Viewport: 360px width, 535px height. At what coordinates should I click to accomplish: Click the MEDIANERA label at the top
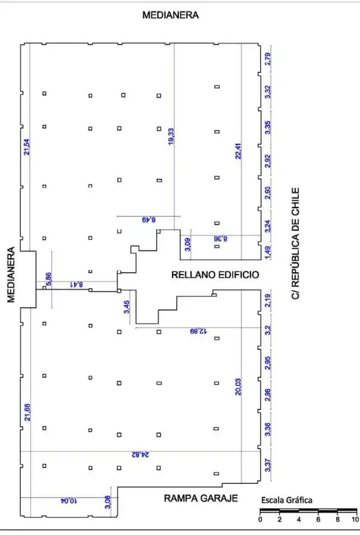click(170, 15)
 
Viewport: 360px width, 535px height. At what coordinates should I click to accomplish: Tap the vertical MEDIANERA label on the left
click(11, 274)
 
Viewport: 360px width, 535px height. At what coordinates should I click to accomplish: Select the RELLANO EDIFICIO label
click(215, 274)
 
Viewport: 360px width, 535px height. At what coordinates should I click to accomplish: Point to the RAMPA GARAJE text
click(201, 498)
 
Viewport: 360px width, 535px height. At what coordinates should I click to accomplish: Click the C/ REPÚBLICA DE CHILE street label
click(296, 243)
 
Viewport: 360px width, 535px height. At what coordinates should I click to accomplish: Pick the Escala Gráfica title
click(286, 500)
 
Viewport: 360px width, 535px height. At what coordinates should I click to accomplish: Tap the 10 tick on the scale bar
click(355, 520)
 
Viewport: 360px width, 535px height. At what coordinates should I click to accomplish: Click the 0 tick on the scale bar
click(260, 520)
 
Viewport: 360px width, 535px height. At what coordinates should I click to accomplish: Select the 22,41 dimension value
click(238, 151)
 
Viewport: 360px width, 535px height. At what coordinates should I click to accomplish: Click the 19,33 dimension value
click(171, 136)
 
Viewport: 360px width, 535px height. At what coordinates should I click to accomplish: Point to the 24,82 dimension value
click(140, 455)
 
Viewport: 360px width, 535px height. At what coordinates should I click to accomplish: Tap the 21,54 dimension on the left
click(27, 147)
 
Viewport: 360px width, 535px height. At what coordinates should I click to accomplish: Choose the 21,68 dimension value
click(27, 412)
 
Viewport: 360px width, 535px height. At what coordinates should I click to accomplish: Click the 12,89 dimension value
click(198, 331)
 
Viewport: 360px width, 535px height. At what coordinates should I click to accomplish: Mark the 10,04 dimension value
click(69, 501)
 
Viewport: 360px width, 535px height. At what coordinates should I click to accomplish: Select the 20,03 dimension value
click(238, 387)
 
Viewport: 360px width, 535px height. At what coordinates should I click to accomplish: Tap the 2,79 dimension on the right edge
click(268, 59)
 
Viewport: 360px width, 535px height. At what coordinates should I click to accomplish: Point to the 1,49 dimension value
click(268, 253)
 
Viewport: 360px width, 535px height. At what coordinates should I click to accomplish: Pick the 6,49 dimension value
click(148, 220)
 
